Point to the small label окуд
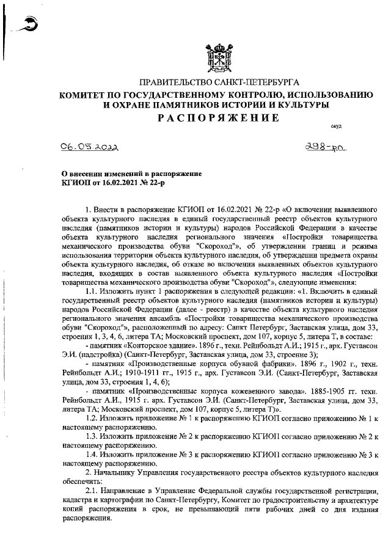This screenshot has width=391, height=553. [x=336, y=126]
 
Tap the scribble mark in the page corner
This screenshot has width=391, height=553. [x=27, y=23]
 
